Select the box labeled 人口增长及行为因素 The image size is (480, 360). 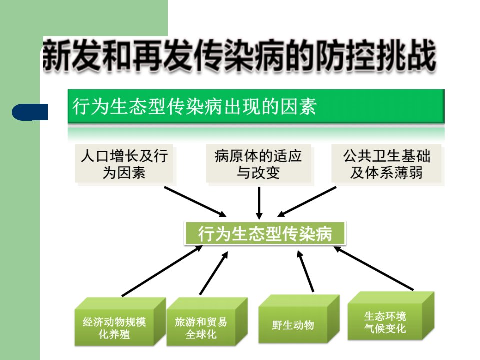click(124, 164)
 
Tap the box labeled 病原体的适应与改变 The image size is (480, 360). click(258, 164)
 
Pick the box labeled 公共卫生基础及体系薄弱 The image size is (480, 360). click(387, 164)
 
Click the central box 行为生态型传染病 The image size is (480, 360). click(265, 234)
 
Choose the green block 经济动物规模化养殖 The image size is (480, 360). click(120, 322)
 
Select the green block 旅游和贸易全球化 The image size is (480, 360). click(207, 322)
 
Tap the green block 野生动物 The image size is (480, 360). click(299, 319)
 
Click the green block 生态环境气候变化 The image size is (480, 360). click(391, 316)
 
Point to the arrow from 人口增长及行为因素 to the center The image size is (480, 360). click(195, 202)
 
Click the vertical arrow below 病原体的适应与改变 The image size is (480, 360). click(259, 203)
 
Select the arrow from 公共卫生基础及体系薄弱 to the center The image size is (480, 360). click(306, 202)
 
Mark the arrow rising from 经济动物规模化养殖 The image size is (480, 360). click(162, 271)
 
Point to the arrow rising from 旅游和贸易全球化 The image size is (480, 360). click(214, 273)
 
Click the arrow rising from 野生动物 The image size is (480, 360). click(306, 271)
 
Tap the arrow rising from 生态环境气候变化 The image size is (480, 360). click(373, 268)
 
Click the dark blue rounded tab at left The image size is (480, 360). click(30, 112)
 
